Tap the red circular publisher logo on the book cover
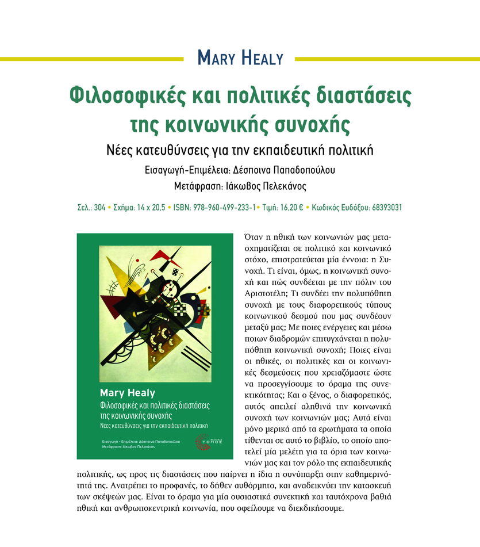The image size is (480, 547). pos(203,441)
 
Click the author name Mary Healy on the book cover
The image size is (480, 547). pos(128,393)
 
